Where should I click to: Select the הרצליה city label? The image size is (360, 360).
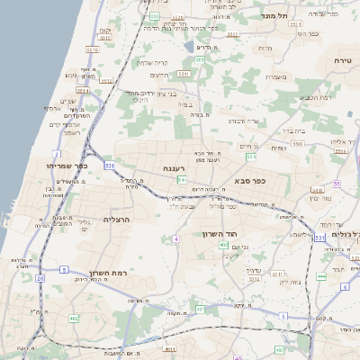(118, 220)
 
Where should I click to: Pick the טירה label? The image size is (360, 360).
(342, 59)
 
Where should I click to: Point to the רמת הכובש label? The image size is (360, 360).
(316, 97)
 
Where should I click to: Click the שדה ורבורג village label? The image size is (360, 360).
(244, 121)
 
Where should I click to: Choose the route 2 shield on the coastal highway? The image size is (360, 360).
(56, 154)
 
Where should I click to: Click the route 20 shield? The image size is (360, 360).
(40, 278)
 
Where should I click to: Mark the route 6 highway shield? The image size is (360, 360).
(344, 286)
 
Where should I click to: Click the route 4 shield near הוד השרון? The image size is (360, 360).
(176, 238)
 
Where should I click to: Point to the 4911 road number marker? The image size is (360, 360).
(169, 347)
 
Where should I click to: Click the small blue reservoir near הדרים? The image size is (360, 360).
(187, 45)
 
